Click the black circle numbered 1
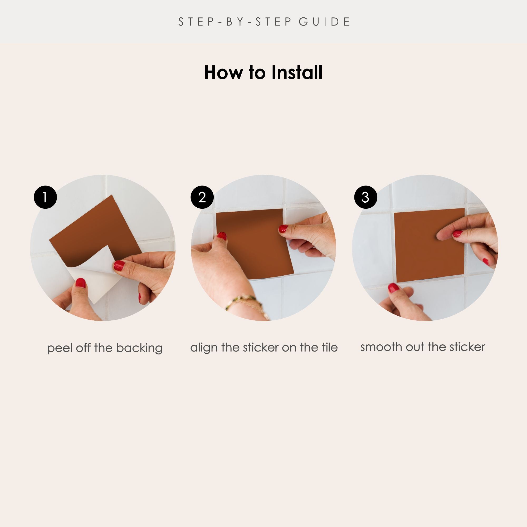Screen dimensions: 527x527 45,197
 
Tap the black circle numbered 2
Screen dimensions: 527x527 202,197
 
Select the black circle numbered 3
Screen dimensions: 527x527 365,197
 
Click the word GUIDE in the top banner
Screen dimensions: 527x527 324,22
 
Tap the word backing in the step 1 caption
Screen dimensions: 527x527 139,348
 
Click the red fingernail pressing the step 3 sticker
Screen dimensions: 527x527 457,233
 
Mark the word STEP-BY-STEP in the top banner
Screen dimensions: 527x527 235,22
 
